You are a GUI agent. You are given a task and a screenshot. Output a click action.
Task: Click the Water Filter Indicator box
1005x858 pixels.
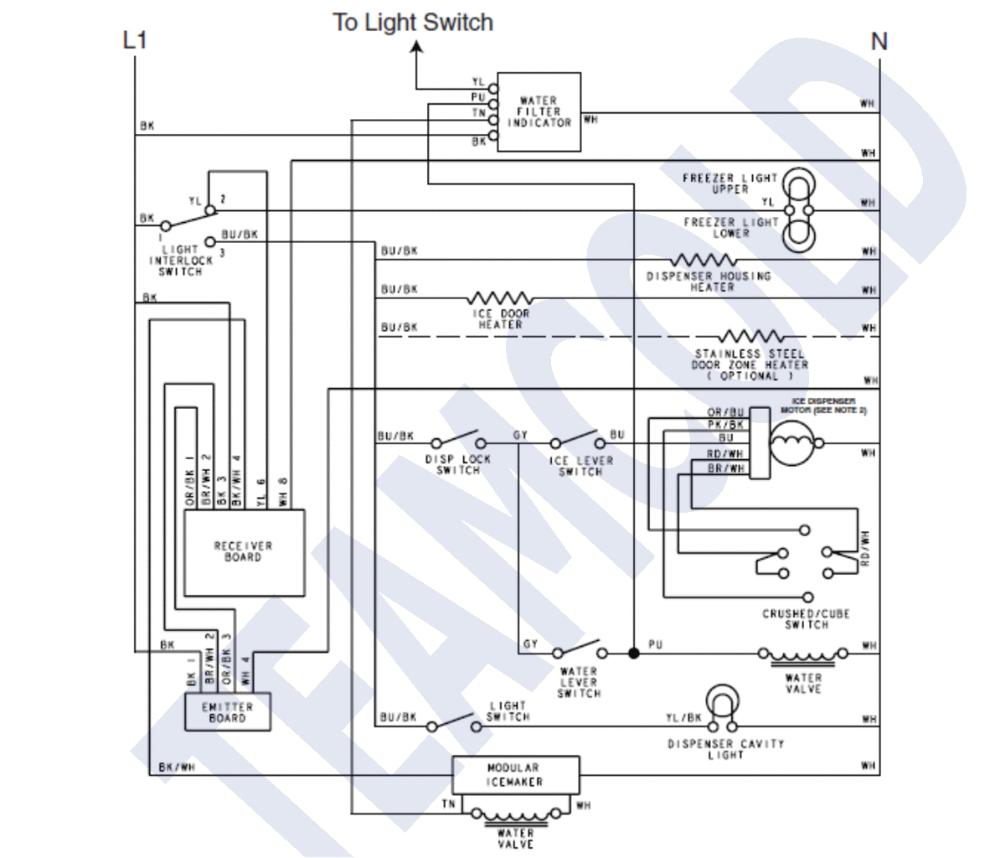[539, 112]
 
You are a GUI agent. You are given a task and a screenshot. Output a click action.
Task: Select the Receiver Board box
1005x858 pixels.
[244, 551]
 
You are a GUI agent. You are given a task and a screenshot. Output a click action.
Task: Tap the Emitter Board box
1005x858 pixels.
[229, 712]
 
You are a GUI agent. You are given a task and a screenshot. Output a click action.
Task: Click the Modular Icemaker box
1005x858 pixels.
[514, 775]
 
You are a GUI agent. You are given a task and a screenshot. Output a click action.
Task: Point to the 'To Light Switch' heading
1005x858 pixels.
[413, 22]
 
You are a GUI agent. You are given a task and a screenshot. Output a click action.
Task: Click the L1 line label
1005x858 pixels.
[134, 40]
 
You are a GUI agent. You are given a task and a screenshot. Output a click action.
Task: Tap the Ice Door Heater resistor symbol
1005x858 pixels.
[500, 298]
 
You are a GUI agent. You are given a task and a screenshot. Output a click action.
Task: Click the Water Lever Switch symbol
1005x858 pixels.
[577, 650]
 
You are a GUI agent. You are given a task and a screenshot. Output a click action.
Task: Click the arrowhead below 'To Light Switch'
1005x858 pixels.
[416, 49]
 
